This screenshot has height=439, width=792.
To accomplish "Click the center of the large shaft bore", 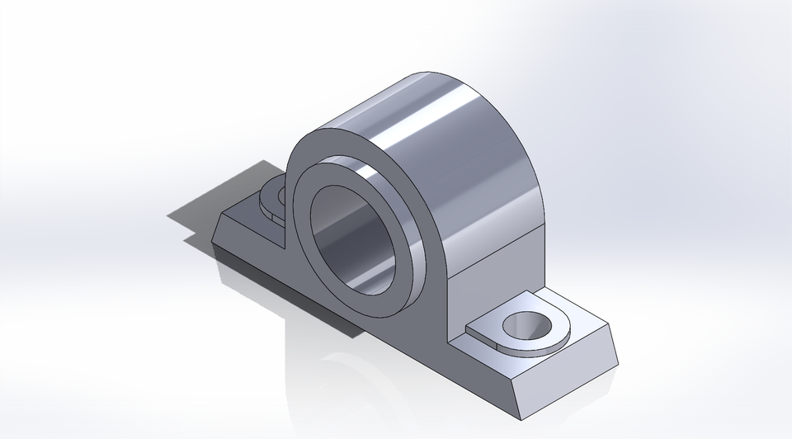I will click(x=355, y=239).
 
